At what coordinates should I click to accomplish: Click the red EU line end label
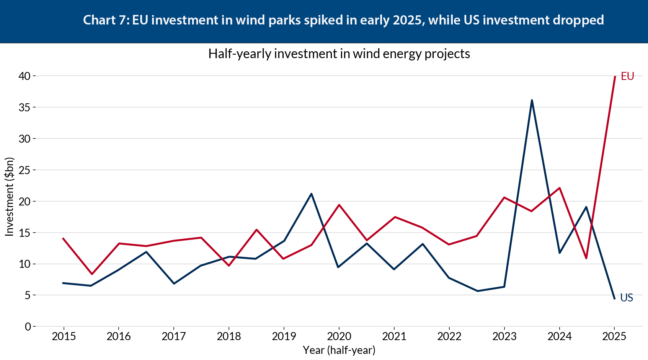tap(627, 76)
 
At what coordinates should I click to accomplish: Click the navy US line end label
tap(627, 298)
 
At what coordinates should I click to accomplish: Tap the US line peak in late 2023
tap(532, 100)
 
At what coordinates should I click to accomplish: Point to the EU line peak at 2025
tap(615, 77)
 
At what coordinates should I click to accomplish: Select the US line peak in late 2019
tap(311, 194)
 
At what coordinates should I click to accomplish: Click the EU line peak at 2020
tap(339, 205)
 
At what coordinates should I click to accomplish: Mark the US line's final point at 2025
tap(614, 298)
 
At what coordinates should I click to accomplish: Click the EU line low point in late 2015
tap(92, 274)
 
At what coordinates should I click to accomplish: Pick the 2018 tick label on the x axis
tap(229, 337)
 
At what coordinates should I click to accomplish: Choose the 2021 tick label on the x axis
tap(394, 337)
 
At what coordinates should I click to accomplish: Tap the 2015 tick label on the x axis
tap(64, 337)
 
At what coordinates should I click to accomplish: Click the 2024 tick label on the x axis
tap(559, 337)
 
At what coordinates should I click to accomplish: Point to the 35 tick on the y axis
tap(24, 108)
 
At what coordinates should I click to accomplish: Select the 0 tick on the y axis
tap(28, 327)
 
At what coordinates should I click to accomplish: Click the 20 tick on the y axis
tap(24, 201)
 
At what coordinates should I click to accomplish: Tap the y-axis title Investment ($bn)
tap(9, 197)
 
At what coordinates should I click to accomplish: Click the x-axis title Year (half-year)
tap(339, 350)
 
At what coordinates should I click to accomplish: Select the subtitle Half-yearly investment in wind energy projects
tap(339, 54)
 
